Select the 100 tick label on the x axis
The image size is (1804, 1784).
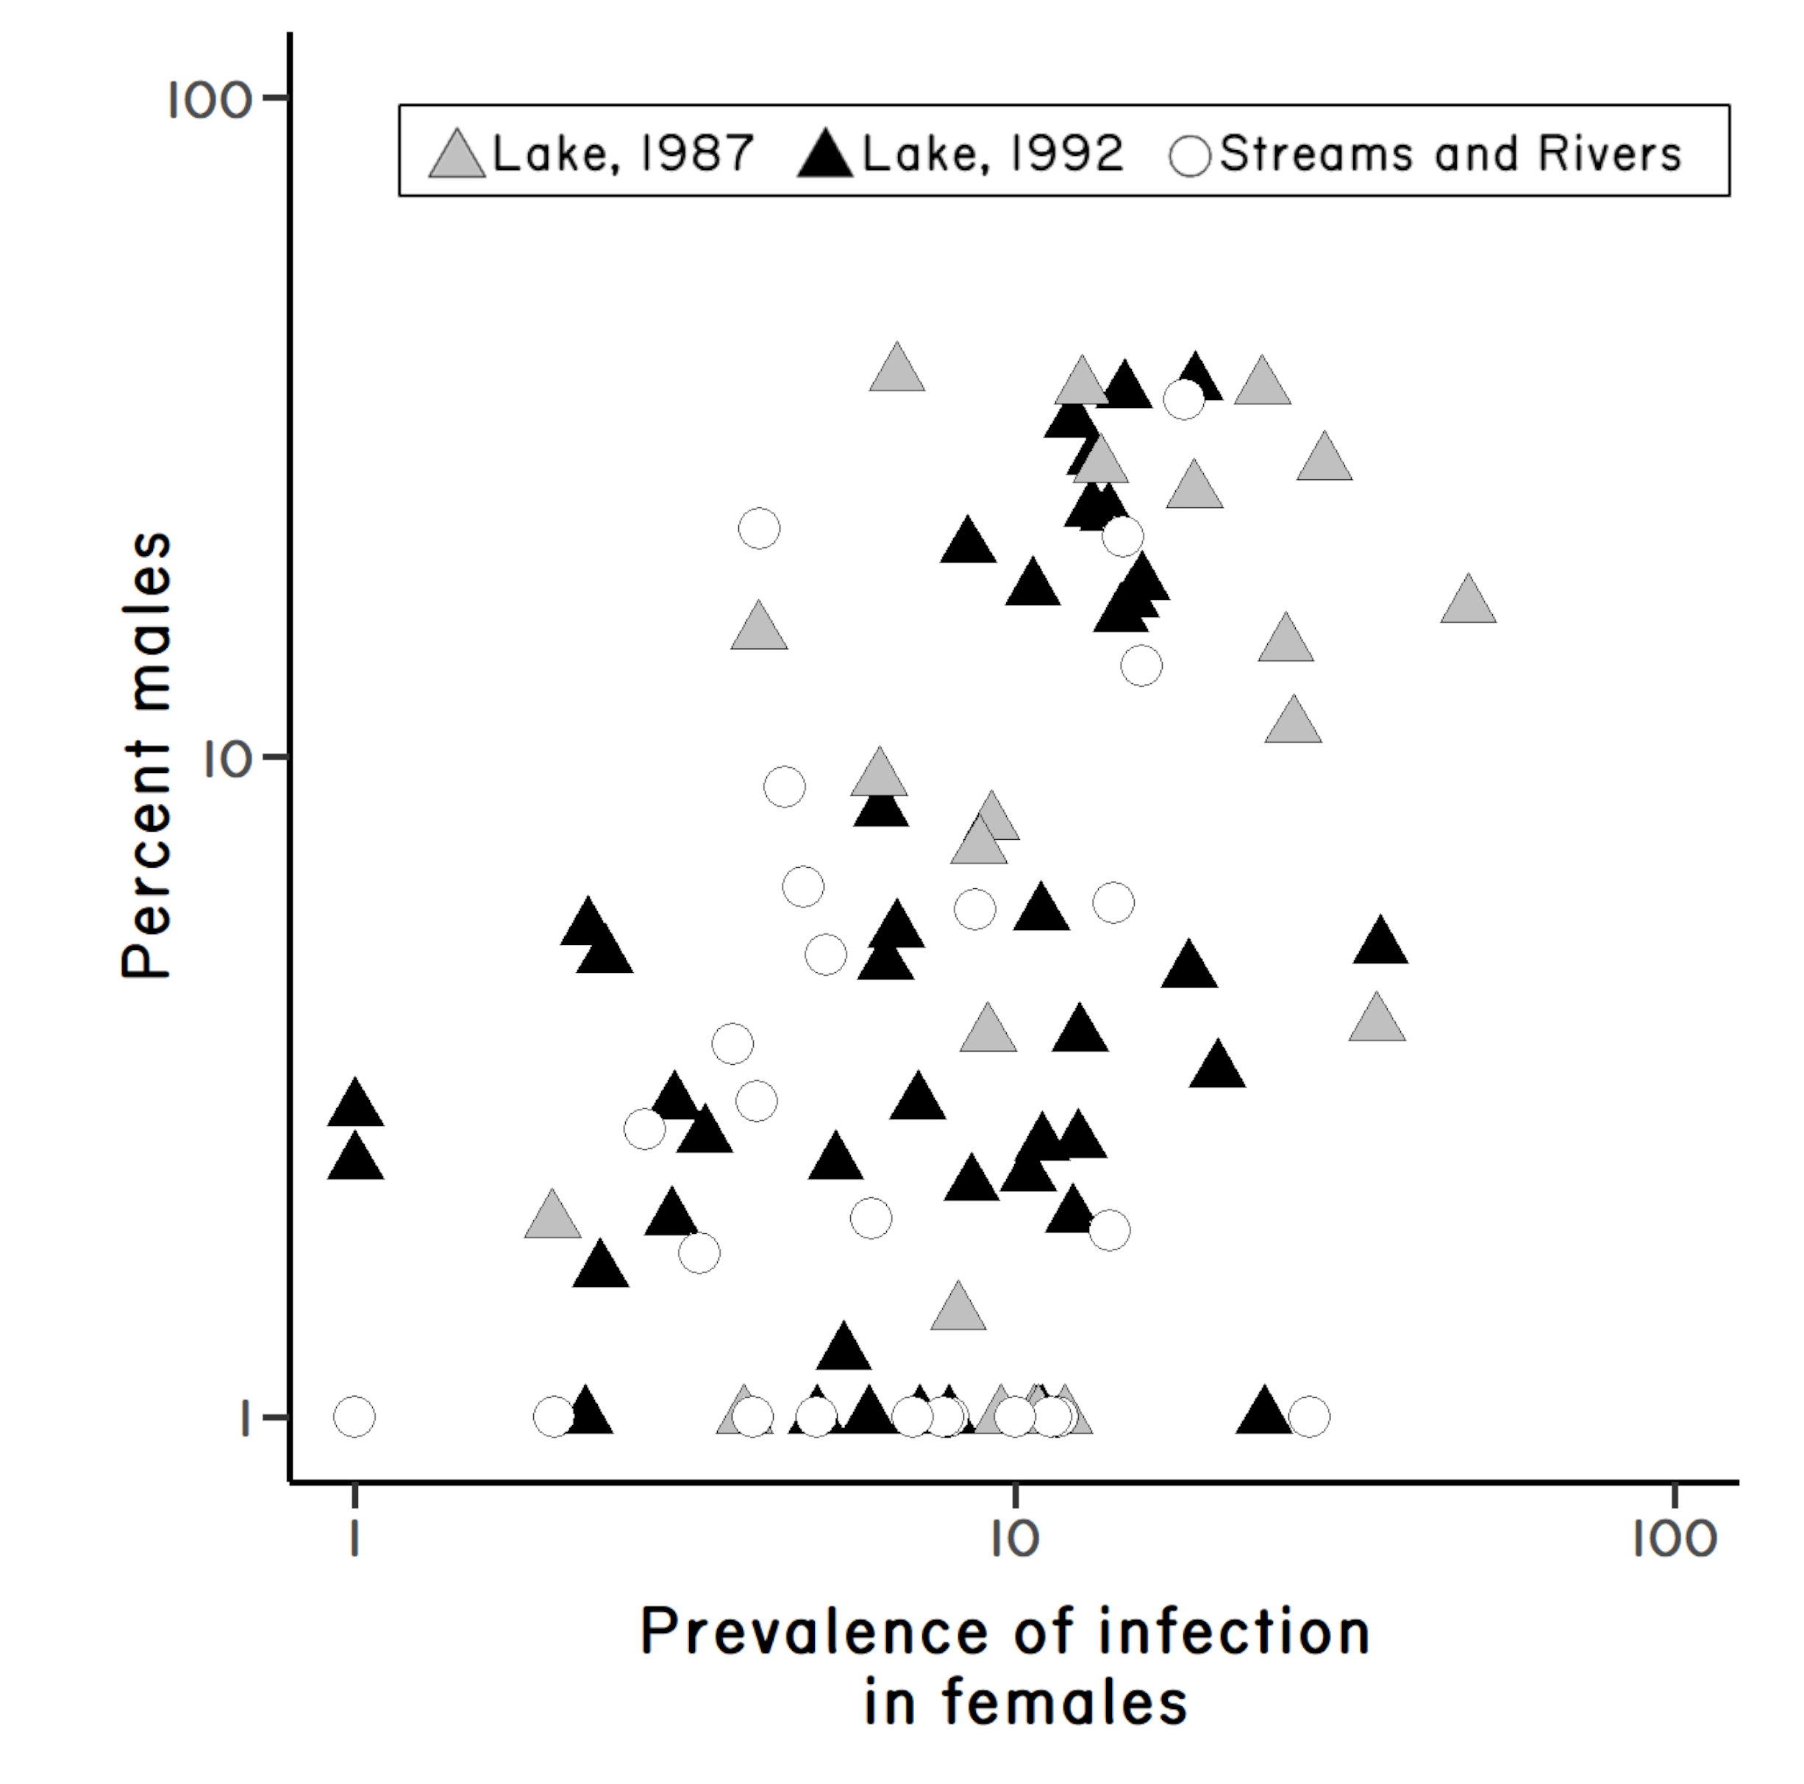pos(1675,1541)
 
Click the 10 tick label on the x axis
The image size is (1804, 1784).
pos(1014,1541)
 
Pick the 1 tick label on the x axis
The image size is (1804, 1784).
pos(354,1541)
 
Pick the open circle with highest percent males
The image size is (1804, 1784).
pos(1184,399)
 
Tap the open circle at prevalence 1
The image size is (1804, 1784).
pos(354,1416)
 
